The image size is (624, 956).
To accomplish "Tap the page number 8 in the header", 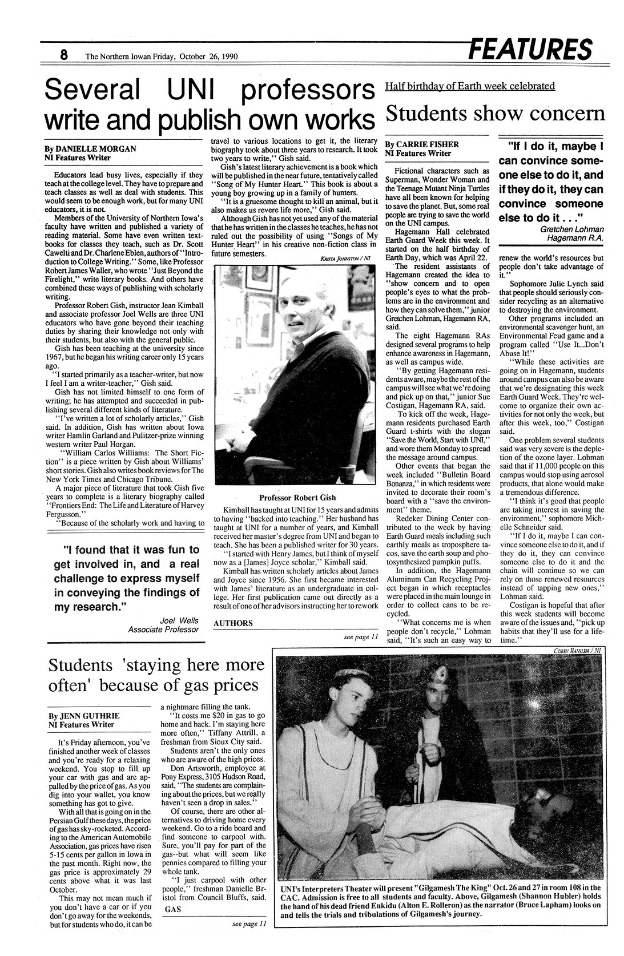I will click(x=64, y=55).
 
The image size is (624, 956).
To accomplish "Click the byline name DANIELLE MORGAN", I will click(x=96, y=148).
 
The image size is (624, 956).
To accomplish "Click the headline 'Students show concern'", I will click(x=494, y=113).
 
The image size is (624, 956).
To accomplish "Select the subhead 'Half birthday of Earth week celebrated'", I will click(x=470, y=86).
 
